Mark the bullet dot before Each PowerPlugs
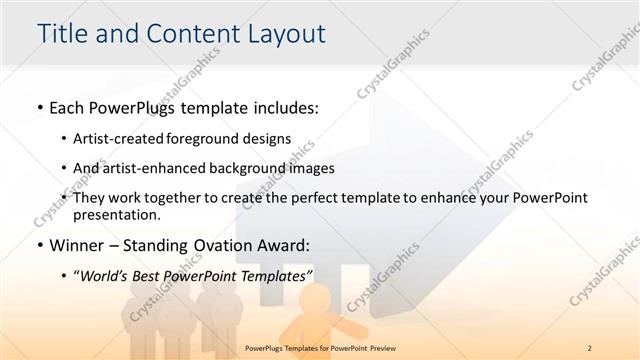pyautogui.click(x=38, y=108)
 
